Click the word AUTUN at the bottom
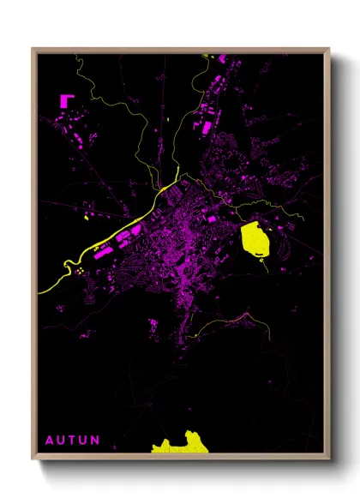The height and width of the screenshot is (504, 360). click(72, 441)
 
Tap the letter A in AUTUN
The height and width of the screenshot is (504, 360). click(49, 441)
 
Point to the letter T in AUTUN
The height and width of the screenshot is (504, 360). click(72, 441)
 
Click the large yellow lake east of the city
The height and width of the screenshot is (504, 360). click(255, 239)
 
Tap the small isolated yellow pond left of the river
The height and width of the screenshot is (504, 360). click(87, 219)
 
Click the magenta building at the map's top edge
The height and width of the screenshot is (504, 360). click(222, 57)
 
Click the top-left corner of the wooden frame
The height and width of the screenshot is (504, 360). click(33, 49)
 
